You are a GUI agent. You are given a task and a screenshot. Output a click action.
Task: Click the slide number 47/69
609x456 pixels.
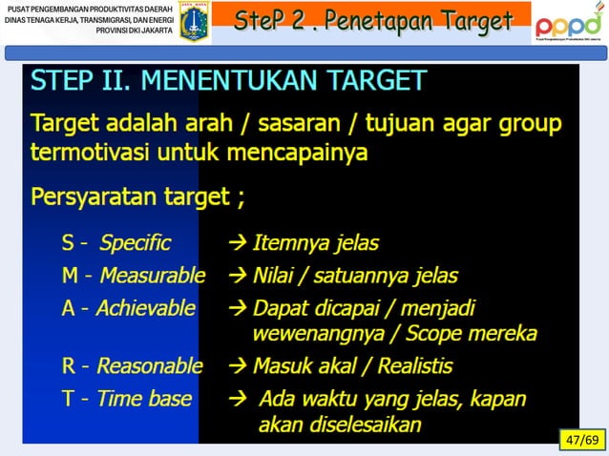[580, 440]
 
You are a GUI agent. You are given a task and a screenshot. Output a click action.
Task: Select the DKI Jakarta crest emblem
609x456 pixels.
[195, 21]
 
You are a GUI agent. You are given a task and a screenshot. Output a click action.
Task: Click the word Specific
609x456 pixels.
[135, 243]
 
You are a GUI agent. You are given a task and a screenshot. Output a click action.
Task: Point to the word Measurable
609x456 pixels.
[152, 277]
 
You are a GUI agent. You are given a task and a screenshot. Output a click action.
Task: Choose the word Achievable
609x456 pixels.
[145, 309]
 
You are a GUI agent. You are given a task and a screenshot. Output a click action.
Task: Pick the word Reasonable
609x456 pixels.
[149, 365]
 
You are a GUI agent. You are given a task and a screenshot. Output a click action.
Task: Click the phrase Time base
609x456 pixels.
[143, 398]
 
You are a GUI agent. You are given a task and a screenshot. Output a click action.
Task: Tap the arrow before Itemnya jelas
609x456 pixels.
[237, 243]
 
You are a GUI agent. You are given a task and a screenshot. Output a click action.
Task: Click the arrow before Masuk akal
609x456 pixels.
[237, 365]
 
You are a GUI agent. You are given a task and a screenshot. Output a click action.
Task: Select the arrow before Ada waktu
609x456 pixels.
[239, 398]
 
